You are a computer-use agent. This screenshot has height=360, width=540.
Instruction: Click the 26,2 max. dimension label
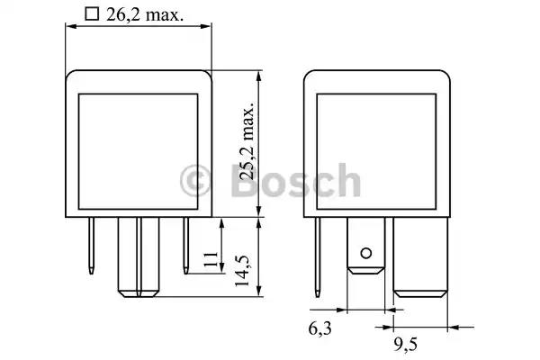[145, 14]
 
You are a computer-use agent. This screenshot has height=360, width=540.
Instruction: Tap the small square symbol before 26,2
[92, 14]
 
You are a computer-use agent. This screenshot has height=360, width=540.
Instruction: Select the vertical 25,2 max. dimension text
[248, 141]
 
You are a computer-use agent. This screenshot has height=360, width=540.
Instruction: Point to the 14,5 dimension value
[242, 271]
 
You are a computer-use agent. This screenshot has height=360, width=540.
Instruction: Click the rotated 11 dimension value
[211, 259]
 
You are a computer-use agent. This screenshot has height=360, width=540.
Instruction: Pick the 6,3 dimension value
[319, 328]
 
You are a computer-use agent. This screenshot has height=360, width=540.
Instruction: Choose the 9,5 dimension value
[405, 344]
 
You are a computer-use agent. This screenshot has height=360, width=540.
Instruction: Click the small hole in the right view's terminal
[365, 254]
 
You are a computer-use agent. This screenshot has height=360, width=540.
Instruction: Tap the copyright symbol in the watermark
[195, 181]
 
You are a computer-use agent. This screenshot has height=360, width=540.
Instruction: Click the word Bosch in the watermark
[295, 181]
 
